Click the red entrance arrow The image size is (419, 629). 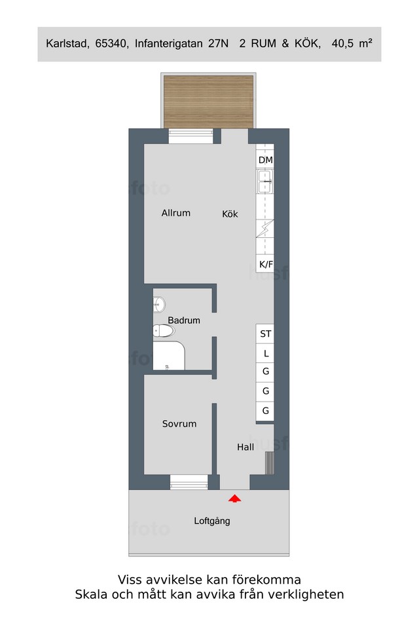(235, 498)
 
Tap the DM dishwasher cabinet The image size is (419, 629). (265, 160)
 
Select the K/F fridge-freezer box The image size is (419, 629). (265, 264)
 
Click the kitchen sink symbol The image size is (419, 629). (265, 181)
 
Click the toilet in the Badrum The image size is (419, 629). (164, 330)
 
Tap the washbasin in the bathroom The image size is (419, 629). (159, 305)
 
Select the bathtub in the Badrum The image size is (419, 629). (168, 356)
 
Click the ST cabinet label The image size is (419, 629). (265, 334)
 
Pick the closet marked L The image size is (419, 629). (265, 354)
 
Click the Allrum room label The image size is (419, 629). (175, 213)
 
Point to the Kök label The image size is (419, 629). (230, 214)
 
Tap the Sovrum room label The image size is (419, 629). (179, 424)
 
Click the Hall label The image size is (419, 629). (246, 447)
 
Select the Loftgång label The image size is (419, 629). (212, 521)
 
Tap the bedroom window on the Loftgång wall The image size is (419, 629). (189, 482)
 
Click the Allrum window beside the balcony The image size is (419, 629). (190, 136)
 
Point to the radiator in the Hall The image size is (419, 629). (270, 463)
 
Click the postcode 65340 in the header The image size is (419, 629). (112, 44)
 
